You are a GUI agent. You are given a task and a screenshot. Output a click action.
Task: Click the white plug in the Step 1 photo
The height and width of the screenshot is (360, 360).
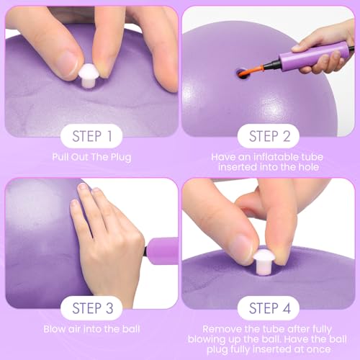[x=89, y=76]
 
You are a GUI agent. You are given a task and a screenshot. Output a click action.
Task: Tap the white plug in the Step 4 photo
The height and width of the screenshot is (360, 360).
[x=264, y=261]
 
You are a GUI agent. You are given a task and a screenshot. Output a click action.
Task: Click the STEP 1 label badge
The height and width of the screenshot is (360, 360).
[x=91, y=136]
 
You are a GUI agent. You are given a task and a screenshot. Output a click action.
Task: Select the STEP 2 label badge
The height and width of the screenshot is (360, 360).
[x=269, y=136]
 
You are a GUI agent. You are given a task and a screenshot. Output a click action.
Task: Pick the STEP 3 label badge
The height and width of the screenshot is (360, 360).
[x=91, y=308]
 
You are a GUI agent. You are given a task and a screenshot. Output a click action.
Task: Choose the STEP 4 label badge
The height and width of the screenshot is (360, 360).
[x=269, y=308]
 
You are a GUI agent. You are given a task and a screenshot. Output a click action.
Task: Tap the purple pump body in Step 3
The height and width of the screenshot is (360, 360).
[x=162, y=251]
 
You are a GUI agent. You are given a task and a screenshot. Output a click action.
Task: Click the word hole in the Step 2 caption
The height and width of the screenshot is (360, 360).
[x=309, y=167]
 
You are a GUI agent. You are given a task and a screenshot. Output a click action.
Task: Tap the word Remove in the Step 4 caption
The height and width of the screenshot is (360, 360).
[x=220, y=329]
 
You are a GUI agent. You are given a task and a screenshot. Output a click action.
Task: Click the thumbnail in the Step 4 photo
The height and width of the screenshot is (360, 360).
[x=243, y=247]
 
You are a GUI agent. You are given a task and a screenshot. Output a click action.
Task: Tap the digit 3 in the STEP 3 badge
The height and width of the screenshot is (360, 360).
[x=109, y=308]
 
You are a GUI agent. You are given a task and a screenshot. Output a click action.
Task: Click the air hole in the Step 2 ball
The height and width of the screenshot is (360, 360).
[x=243, y=74]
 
